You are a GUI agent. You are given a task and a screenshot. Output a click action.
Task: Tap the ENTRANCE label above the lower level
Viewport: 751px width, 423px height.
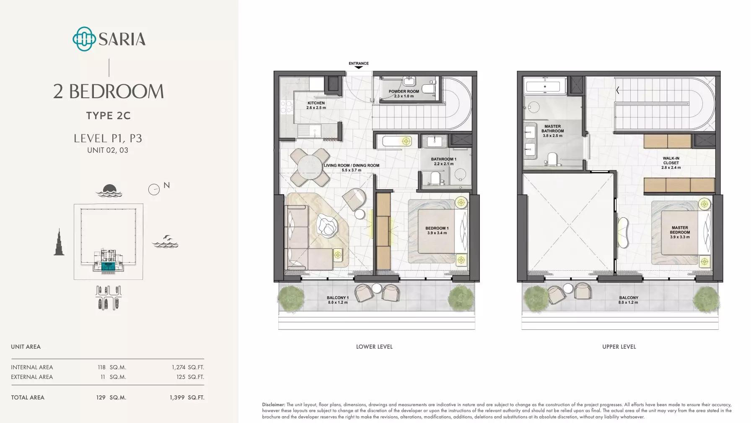click(359, 63)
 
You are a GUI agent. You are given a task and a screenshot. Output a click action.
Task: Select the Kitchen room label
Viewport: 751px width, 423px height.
click(316, 103)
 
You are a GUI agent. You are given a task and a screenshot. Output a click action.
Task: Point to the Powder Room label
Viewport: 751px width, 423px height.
click(404, 91)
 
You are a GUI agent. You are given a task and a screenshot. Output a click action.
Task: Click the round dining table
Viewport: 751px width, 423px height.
click(310, 167)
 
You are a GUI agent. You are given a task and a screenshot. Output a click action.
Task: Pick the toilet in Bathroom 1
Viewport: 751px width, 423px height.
click(435, 178)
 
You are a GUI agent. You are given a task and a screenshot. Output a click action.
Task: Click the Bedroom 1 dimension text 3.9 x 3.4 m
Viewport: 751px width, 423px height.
click(437, 233)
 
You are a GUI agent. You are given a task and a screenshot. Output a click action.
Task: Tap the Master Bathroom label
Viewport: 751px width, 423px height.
click(552, 128)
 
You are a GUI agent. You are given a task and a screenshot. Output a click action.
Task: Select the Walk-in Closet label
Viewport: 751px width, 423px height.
click(671, 160)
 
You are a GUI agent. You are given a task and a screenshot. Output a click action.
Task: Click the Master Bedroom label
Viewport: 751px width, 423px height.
click(680, 230)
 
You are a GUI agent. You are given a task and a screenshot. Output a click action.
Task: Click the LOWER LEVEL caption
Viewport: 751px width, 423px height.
click(374, 347)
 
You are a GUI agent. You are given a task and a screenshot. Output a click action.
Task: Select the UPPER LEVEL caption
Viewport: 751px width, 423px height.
click(619, 347)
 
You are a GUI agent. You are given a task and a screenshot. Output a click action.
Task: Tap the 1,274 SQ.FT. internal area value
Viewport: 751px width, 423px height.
click(188, 367)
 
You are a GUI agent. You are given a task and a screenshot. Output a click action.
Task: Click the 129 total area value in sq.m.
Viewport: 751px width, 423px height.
click(101, 397)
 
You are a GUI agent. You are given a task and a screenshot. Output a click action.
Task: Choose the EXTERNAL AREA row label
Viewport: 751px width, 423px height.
click(32, 377)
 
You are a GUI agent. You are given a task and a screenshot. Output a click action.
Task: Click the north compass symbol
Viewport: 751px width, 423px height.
click(154, 190)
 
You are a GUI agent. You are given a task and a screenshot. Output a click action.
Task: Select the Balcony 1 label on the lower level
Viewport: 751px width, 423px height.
click(337, 298)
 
